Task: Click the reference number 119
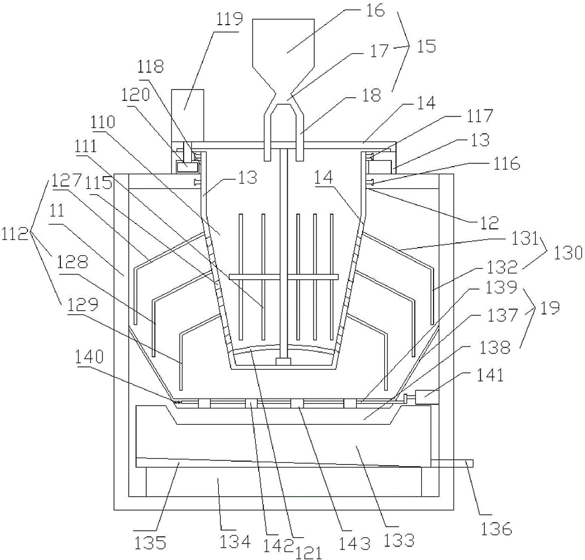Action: coord(228,19)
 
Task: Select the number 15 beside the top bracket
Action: coord(426,47)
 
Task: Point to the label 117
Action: coord(479,116)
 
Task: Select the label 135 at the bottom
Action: coord(150,543)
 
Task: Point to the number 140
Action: coord(89,357)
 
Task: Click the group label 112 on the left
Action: coord(15,234)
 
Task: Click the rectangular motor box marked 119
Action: coord(188,115)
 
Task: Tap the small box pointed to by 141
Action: coord(427,397)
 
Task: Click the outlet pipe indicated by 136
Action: coord(452,463)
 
